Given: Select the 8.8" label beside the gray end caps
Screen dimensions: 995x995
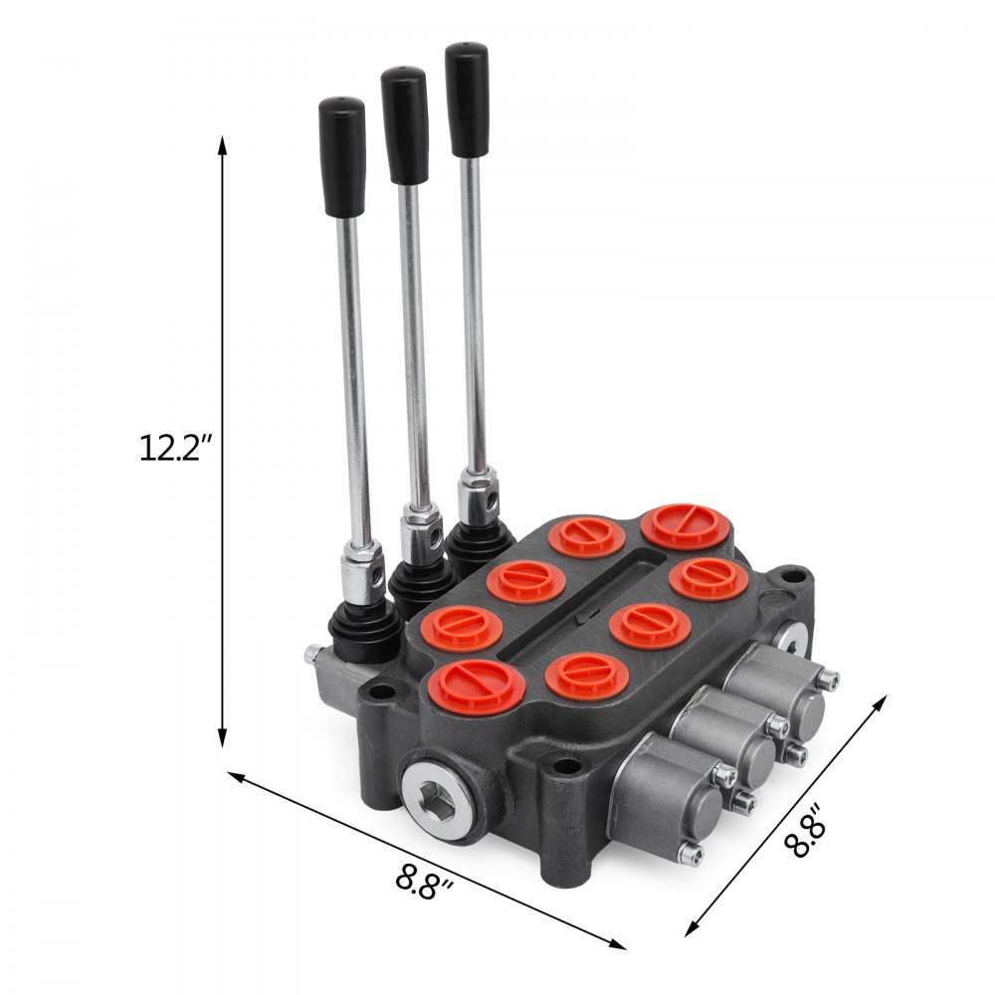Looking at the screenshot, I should [x=805, y=832].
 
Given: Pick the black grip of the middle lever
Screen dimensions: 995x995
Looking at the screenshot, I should [x=405, y=125].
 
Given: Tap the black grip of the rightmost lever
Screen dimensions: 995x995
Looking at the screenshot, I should [x=467, y=99].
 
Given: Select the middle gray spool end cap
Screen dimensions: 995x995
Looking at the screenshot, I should [x=731, y=732].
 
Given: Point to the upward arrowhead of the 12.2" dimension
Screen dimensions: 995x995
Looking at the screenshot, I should [x=222, y=144].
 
